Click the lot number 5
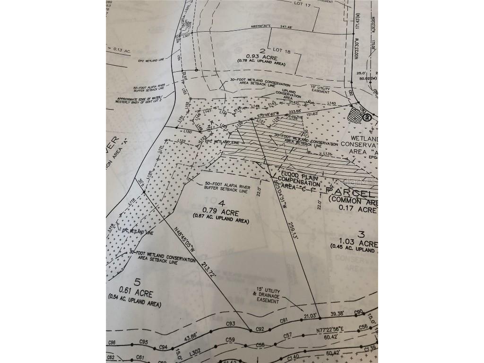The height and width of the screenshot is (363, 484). click(x=138, y=283)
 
